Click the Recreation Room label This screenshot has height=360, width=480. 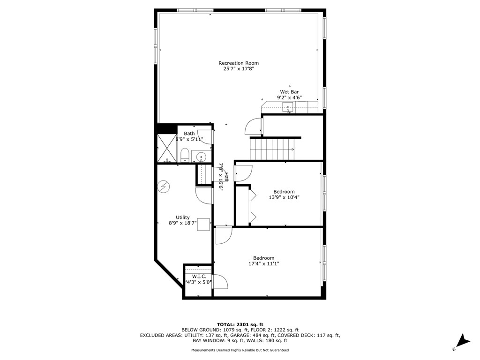click(x=238, y=63)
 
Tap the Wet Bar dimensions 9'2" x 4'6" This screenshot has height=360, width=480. click(x=289, y=98)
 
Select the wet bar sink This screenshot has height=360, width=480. click(x=288, y=107)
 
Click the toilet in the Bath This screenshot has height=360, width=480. click(x=185, y=155)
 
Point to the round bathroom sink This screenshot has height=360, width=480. click(x=201, y=157)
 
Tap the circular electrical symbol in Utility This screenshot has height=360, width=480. click(x=164, y=187)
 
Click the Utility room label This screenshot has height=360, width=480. click(x=182, y=217)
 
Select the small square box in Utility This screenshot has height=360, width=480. click(x=203, y=225)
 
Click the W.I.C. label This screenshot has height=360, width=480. click(x=196, y=277)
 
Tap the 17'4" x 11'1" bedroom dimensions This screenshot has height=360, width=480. click(x=264, y=264)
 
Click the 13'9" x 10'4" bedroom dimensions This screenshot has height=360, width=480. click(x=284, y=197)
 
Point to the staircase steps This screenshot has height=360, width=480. click(x=272, y=149)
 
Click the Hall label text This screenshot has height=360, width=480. click(x=226, y=177)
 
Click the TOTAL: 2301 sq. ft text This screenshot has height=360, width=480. click(x=240, y=324)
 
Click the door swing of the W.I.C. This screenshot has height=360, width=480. click(x=220, y=282)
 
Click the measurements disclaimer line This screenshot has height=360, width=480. click(x=240, y=350)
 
